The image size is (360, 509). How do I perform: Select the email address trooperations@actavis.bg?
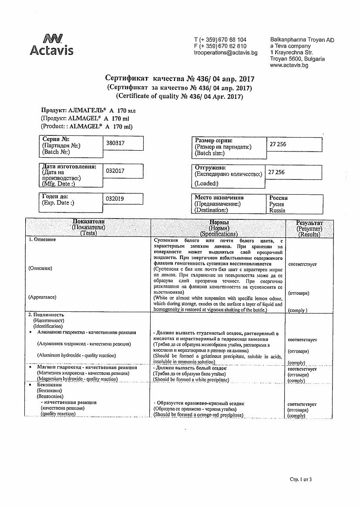[225, 52]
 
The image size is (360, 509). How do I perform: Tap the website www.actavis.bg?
[289, 65]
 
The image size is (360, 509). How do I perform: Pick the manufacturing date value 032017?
[115, 171]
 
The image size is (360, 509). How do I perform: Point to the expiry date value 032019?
[115, 199]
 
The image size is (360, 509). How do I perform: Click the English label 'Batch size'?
[210, 153]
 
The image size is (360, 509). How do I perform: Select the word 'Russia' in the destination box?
[277, 211]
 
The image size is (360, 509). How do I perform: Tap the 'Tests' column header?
[88, 233]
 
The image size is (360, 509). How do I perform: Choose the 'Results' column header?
[309, 235]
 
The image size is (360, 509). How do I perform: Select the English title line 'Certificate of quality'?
[179, 97]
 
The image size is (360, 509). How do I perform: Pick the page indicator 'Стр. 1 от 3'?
[301, 479]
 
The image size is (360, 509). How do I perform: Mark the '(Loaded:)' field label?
[206, 183]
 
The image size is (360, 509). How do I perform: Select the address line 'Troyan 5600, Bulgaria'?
[297, 59]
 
